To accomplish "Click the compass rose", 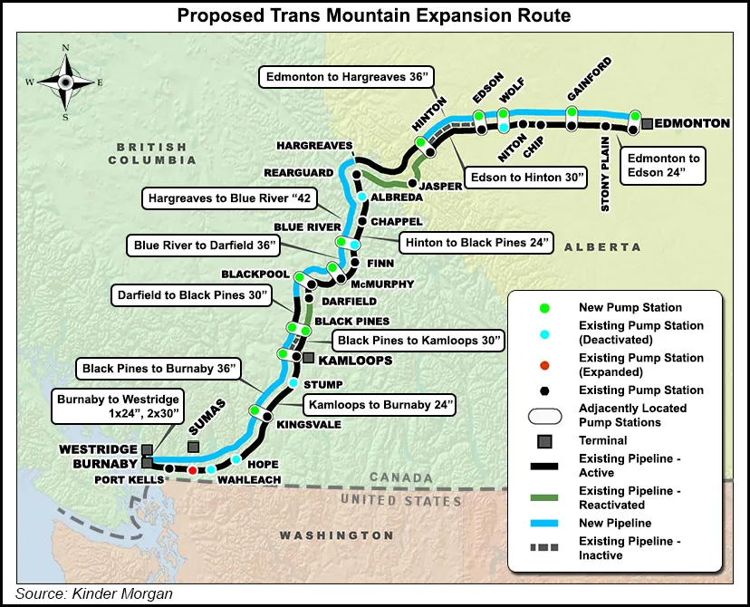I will [x=65, y=81].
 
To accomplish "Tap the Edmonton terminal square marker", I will [x=647, y=123].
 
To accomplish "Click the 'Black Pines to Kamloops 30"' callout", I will [x=419, y=341].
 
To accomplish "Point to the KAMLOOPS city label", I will [x=355, y=360].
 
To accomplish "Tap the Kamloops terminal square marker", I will [x=309, y=359].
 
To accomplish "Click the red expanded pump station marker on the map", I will [x=192, y=471].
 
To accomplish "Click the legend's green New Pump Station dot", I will [x=543, y=308].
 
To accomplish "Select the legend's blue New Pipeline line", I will [x=543, y=524].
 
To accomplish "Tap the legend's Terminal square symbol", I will [x=543, y=441].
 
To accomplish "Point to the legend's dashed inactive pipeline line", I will [x=543, y=548].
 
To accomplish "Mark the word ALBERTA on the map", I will [x=601, y=246].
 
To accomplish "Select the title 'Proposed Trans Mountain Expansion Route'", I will [x=374, y=15].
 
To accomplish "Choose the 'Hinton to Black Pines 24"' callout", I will [x=476, y=244].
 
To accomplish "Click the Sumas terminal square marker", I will [x=192, y=447].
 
